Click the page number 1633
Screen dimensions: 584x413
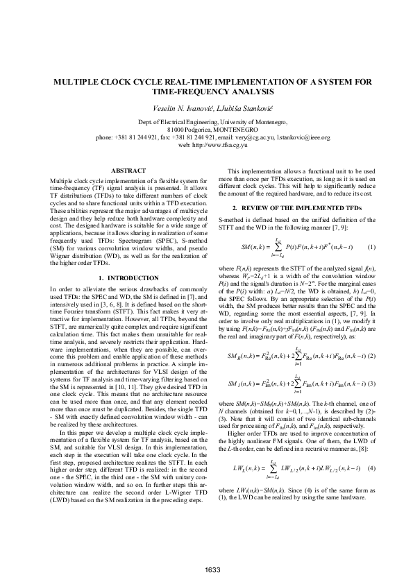click(x=212, y=570)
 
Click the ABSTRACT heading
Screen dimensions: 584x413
click(x=129, y=171)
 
